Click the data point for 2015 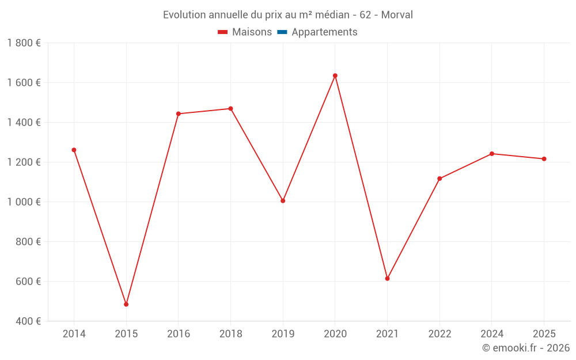pos(126,304)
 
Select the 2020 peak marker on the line pos(335,75)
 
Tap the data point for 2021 pos(387,278)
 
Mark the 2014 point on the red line pos(74,150)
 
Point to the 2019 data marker pos(283,201)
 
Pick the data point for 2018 pos(230,108)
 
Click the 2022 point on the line pos(439,179)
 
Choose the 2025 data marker pos(544,159)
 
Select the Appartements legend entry pos(324,32)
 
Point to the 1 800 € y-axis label pos(24,43)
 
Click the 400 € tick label pos(27,321)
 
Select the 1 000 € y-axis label pos(24,202)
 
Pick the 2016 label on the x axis pos(178,334)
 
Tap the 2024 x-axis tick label pos(491,334)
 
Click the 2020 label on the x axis pos(335,334)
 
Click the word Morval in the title pos(397,15)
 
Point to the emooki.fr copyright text pos(525,348)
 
